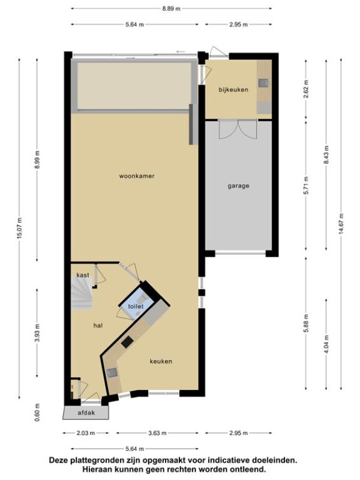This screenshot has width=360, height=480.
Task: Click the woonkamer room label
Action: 137,176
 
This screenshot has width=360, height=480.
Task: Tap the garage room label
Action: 238,186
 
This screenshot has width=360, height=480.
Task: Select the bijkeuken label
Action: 233,89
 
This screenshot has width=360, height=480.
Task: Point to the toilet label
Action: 136,306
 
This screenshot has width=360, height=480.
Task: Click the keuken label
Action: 161,361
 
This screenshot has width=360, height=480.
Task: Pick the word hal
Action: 98,325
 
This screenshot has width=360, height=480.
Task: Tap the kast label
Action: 83,275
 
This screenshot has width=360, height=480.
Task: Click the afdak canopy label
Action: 86,413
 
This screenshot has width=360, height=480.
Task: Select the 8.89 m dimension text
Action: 171,8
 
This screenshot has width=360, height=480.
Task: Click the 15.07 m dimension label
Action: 20,228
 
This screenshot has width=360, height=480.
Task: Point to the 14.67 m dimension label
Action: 341,224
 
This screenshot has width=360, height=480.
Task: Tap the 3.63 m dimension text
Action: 157,433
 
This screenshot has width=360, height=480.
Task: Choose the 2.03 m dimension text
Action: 86,433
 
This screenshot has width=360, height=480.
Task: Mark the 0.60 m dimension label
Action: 37,412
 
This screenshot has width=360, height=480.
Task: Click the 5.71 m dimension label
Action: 306,185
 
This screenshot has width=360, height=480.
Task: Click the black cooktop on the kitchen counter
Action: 127,341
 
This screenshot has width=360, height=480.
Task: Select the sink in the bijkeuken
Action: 263,83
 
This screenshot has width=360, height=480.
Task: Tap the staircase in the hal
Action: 82,294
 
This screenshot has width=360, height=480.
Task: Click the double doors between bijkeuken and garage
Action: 238,129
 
